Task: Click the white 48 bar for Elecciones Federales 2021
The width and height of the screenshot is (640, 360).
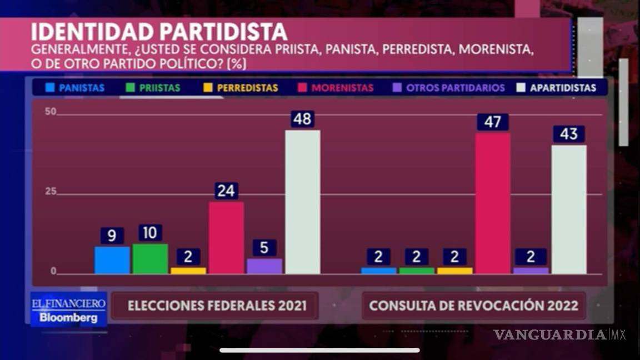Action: coord(302,202)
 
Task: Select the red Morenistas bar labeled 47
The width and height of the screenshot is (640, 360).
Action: coord(493,203)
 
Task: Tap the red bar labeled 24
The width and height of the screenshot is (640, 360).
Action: coord(226,238)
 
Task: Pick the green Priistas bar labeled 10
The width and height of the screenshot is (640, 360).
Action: coord(150,259)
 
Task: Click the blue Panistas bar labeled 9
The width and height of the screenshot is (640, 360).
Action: coord(112,260)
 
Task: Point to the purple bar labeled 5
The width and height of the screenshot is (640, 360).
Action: coord(264,266)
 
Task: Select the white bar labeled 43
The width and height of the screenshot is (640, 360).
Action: coord(569,209)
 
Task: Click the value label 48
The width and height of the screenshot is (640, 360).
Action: coord(302,119)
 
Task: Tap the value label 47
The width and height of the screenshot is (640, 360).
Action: coord(493,122)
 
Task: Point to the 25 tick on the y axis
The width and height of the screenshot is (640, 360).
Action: coord(51,192)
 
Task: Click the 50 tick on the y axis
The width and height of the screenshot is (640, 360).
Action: coord(51,112)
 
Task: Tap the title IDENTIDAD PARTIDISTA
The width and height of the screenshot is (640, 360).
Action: coord(159,32)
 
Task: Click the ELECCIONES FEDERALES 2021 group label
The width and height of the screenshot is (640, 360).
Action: coord(217,306)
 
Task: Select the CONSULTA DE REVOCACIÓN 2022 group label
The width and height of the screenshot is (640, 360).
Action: coord(473,306)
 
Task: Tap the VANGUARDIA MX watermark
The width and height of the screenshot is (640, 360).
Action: coord(559,334)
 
